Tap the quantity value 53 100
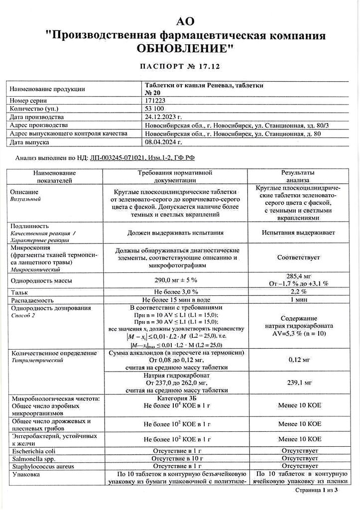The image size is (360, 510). (154, 109)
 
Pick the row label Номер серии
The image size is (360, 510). (29, 101)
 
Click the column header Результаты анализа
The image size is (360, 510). (298, 176)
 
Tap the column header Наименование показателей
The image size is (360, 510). (54, 176)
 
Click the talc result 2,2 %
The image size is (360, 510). (298, 291)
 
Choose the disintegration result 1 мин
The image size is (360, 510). (298, 299)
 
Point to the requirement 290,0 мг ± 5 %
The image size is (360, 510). (176, 280)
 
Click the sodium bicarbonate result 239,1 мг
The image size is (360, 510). (298, 382)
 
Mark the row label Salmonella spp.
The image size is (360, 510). (31, 458)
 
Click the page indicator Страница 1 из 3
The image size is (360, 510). (316, 491)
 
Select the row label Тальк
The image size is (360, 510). (19, 291)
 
